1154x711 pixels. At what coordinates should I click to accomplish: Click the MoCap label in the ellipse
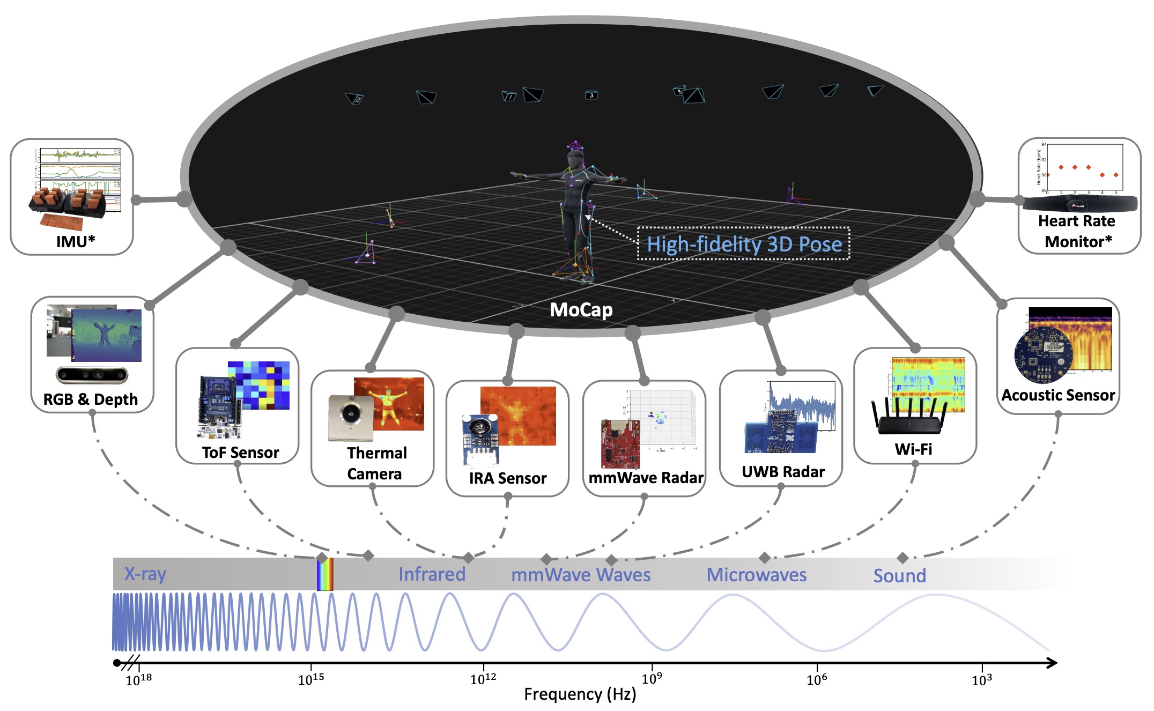tap(581, 310)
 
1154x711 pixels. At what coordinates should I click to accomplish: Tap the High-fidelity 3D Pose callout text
tap(744, 245)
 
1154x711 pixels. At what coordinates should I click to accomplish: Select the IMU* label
tap(76, 241)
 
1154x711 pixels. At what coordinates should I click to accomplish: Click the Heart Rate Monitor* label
tap(1077, 231)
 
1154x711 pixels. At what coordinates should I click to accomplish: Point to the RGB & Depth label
tap(91, 399)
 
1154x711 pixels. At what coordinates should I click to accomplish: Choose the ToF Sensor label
tap(240, 453)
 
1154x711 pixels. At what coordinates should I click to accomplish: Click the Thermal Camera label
tap(376, 463)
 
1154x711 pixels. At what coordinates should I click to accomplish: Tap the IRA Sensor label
tap(507, 478)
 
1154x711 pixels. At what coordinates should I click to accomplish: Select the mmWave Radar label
tap(646, 478)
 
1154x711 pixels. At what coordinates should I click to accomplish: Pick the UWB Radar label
tap(783, 472)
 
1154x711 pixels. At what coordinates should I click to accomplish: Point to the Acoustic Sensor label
tap(1058, 396)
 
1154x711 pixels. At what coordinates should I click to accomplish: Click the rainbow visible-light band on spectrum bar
tap(324, 574)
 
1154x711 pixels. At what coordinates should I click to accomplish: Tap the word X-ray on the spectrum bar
tap(145, 574)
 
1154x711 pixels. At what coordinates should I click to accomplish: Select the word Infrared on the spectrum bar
tap(432, 574)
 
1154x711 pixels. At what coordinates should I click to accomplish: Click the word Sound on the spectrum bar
tap(899, 576)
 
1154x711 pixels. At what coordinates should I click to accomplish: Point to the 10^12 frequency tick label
tap(483, 679)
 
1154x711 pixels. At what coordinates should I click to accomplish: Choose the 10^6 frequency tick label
tap(817, 679)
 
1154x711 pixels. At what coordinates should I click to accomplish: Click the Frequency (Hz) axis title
tap(580, 694)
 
